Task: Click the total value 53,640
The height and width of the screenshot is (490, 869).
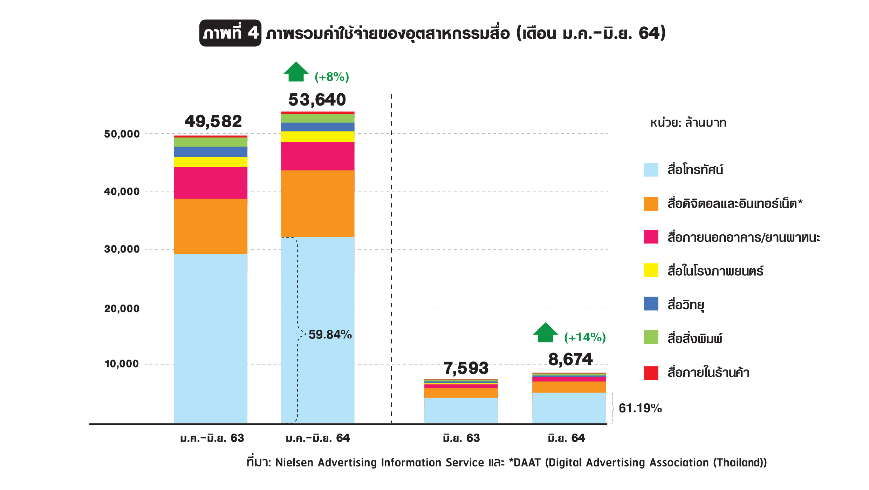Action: [x=317, y=100]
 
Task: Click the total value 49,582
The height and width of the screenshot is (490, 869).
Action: [x=213, y=122]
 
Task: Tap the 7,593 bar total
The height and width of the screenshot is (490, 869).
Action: [x=466, y=368]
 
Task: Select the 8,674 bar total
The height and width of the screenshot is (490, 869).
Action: [x=570, y=360]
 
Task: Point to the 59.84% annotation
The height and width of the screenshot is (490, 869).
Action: [x=330, y=335]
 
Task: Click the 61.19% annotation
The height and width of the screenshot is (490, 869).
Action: [x=640, y=408]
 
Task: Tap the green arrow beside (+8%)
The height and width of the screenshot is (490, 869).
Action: [x=296, y=72]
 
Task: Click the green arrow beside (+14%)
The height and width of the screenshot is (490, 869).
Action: [x=546, y=333]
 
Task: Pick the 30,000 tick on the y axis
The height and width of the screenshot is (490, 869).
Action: [x=122, y=249]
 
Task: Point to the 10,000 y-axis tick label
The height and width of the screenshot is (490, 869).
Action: [x=122, y=364]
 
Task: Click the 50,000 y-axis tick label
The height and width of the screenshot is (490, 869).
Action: [x=122, y=134]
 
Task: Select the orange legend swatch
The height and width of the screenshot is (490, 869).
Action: [x=651, y=204]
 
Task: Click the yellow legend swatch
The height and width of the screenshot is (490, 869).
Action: [x=651, y=270]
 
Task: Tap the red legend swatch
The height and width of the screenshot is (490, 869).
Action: [x=651, y=373]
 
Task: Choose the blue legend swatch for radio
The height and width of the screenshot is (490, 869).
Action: [x=651, y=304]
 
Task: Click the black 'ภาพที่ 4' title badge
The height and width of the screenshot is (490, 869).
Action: [x=230, y=33]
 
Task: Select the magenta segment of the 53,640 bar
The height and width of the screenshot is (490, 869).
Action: [x=317, y=156]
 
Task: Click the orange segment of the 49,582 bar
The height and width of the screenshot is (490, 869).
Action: [x=211, y=227]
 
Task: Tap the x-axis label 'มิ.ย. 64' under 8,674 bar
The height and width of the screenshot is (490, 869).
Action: [x=566, y=438]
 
